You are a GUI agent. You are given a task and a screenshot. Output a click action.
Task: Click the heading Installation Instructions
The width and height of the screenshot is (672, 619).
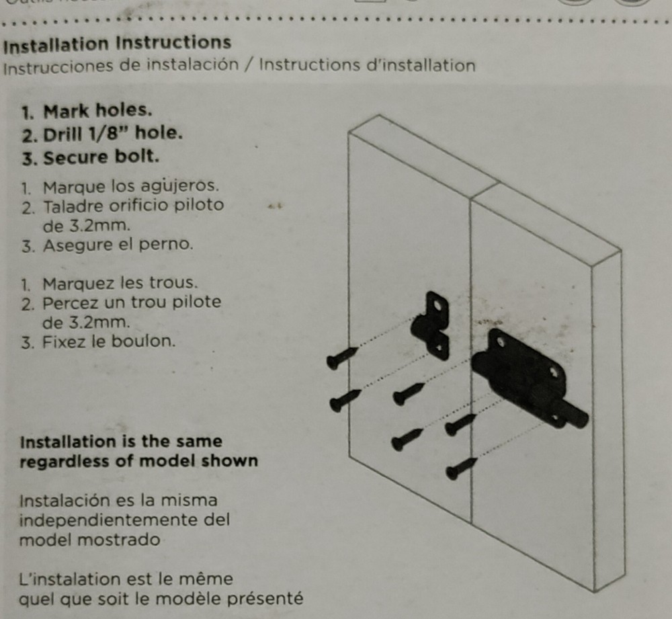pyautogui.click(x=117, y=44)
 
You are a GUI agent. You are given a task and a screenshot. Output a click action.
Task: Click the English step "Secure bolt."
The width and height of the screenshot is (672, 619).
pyautogui.click(x=101, y=157)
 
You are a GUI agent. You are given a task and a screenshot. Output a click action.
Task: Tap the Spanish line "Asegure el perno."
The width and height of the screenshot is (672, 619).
pyautogui.click(x=118, y=245)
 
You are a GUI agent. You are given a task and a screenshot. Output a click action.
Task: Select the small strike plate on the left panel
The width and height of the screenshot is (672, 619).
pyautogui.click(x=430, y=325)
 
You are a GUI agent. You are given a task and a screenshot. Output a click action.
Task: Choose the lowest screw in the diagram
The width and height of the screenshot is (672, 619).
pyautogui.click(x=461, y=468)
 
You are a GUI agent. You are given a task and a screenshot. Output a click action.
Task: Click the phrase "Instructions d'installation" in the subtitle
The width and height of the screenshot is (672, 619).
pyautogui.click(x=367, y=65)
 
